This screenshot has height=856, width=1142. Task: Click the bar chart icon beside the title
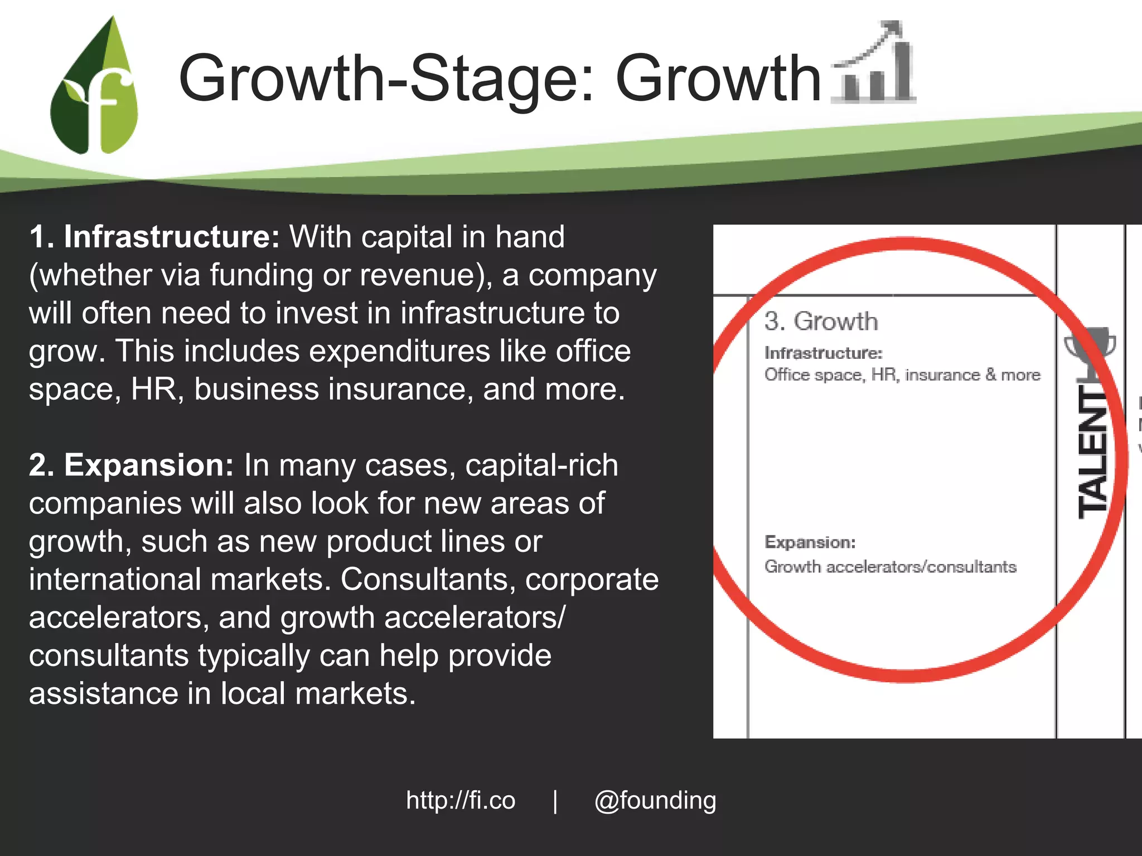(874, 62)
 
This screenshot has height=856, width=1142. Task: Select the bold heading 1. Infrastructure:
(154, 237)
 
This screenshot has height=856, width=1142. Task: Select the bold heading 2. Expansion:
(131, 465)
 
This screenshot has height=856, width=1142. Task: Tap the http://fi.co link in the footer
(461, 800)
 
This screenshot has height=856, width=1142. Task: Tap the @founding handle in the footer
(655, 801)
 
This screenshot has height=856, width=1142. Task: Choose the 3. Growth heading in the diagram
(821, 321)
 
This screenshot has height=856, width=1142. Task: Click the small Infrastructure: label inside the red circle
(824, 353)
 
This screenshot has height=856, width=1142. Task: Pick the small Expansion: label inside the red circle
(810, 542)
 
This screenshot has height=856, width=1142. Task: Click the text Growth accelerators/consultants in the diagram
(891, 567)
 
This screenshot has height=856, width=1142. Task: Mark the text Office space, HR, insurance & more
(902, 374)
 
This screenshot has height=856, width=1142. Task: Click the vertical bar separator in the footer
(555, 801)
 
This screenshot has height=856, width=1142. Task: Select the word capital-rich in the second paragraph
(542, 466)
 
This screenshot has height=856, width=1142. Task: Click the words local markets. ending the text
(318, 693)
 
